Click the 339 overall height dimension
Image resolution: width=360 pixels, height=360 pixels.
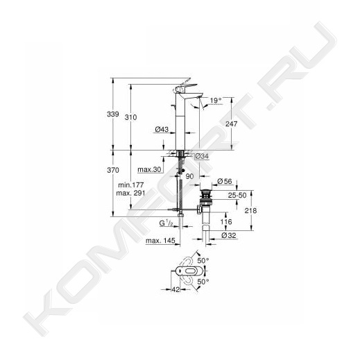point(113,114)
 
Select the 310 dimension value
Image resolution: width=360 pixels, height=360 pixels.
point(131,117)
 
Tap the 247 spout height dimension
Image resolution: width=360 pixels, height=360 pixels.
point(231,124)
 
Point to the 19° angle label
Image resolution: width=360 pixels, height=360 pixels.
point(216,101)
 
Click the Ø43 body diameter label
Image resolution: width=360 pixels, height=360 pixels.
point(162,129)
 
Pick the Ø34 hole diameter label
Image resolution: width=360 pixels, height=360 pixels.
point(202,157)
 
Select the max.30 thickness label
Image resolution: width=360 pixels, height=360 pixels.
point(149,169)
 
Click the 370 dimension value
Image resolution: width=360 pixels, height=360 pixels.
point(113,170)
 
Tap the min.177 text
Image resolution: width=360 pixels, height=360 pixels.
point(131,185)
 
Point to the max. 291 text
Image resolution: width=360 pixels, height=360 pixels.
point(130,193)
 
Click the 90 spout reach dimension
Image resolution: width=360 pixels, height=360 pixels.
point(189,176)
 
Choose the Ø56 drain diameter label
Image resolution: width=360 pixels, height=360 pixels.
point(225,181)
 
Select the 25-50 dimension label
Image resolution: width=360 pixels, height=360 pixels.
point(237,196)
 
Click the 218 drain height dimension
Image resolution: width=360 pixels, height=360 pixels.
point(250,211)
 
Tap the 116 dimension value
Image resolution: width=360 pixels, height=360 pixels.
point(226,222)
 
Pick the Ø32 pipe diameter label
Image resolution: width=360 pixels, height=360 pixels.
point(229,236)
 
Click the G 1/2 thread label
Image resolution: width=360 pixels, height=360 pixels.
point(166,223)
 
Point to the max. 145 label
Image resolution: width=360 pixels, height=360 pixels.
point(160,241)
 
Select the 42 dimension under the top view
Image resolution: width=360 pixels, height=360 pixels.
point(176,289)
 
